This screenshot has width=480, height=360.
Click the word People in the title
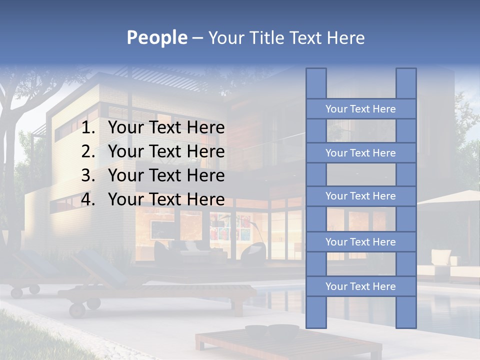point(156,37)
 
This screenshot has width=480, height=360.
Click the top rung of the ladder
point(360,109)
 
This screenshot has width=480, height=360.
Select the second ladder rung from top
point(360,153)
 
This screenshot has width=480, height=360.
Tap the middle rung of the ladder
point(360,196)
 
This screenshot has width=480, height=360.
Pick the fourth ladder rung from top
point(360,242)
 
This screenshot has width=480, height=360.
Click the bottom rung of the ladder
point(360,286)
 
